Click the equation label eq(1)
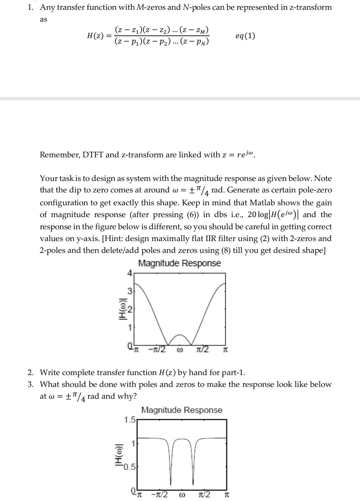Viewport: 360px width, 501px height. [x=245, y=36]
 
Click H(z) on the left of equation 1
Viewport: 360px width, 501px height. [x=95, y=36]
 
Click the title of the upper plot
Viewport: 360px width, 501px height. [x=179, y=263]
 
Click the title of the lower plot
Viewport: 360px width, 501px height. [x=182, y=410]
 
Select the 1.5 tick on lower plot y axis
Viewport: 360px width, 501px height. [x=129, y=420]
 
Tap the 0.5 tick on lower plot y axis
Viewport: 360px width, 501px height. [x=129, y=467]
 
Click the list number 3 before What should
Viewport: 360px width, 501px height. [x=31, y=385]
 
